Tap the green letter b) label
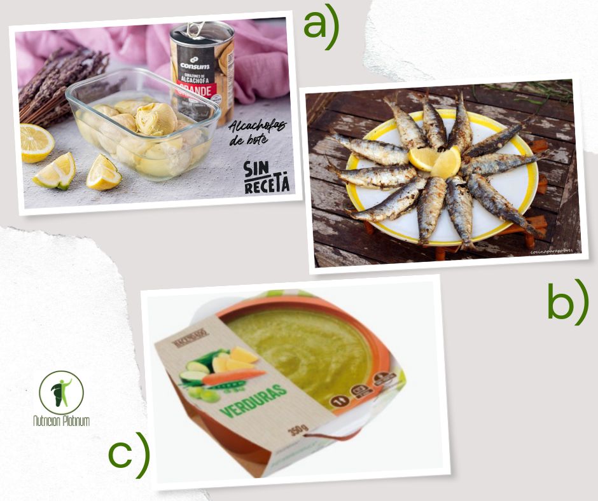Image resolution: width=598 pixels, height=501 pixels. click(567, 304)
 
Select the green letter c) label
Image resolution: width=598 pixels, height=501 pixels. click(129, 454)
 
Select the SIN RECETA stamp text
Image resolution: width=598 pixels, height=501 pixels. click(267, 177)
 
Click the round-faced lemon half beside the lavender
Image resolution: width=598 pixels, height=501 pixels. click(36, 142)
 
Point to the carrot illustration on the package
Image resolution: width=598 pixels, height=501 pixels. click(232, 378)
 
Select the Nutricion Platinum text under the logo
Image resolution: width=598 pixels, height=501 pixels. click(61, 421)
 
